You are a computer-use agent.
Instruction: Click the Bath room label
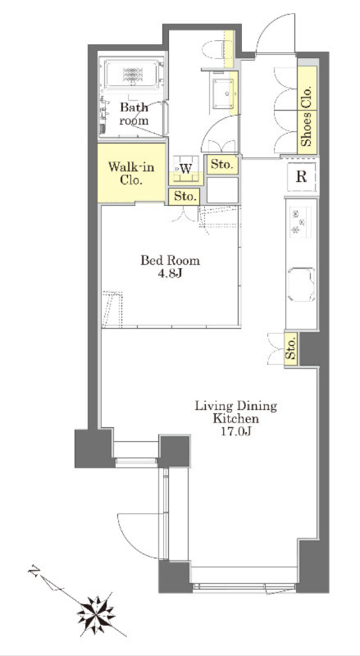134,114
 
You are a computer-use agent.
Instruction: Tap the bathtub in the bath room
133,75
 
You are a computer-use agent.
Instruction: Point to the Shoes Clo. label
308,116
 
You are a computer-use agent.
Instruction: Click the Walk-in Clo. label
131,174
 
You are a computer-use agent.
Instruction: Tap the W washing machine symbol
186,169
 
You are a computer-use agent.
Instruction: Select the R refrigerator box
302,177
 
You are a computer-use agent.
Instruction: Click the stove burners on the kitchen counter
300,222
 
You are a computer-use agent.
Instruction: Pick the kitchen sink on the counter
301,285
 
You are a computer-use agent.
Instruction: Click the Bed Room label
170,261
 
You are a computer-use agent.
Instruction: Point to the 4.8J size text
170,274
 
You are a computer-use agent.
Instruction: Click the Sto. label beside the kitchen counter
291,349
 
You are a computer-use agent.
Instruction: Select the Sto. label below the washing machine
185,196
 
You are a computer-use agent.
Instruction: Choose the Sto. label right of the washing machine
221,165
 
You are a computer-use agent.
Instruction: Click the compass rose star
96,614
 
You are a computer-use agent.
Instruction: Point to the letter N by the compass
34,570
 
